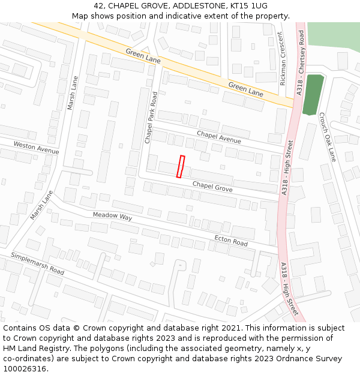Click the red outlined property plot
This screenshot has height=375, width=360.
(x=180, y=166)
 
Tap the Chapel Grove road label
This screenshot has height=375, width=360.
(x=212, y=187)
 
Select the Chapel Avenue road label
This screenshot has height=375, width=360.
(x=218, y=137)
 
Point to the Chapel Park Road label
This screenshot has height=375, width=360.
(x=151, y=117)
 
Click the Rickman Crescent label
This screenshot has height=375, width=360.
(x=283, y=59)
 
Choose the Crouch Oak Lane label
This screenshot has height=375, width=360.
(x=328, y=137)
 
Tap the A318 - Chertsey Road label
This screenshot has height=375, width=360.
(x=301, y=63)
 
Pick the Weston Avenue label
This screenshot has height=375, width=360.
(x=36, y=148)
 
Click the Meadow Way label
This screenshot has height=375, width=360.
(x=112, y=216)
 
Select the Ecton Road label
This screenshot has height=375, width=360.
(x=231, y=241)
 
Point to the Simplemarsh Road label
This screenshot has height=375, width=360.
(x=37, y=263)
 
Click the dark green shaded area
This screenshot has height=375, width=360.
(x=313, y=94)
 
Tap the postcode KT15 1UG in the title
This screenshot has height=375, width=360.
(x=247, y=6)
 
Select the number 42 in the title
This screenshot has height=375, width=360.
(x=99, y=6)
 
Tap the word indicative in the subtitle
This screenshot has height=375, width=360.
(x=192, y=16)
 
